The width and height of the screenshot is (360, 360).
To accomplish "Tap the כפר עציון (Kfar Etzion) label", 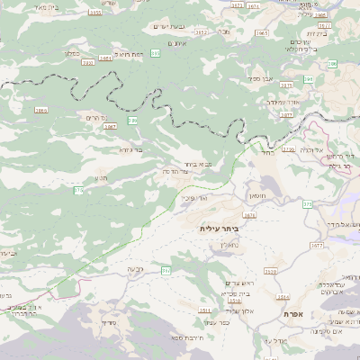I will coord(218,322).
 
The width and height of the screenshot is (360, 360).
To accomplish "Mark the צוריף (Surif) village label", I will coord(110,322).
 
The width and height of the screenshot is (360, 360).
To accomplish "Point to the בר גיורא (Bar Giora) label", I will coord(131,149).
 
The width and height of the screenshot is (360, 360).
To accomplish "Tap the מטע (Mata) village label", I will coord(101,178).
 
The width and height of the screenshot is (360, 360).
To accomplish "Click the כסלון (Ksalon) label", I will coord(72,52).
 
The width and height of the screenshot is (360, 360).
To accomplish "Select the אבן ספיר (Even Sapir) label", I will coord(263,78).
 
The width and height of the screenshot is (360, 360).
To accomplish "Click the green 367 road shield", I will coord(166,270).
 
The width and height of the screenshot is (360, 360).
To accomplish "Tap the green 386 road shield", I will coord(133,120).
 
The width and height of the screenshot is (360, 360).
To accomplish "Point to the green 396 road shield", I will coord(332,63).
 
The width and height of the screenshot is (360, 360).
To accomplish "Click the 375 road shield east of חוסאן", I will coord(308,204).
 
